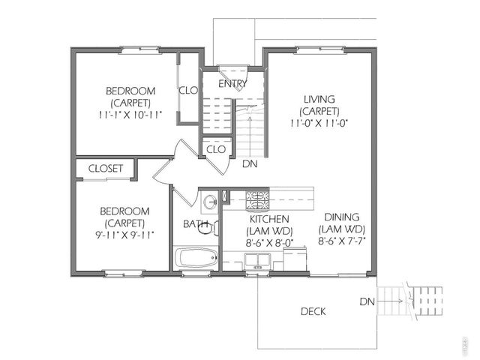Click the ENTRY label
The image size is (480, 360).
tap(232, 84)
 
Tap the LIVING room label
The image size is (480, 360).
tap(319, 99)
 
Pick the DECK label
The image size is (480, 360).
tap(313, 311)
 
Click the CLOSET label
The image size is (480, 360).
tap(106, 169)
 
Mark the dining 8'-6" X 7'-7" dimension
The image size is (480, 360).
tap(342, 240)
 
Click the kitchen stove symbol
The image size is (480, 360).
tap(258, 200)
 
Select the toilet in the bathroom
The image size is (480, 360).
tap(206, 226)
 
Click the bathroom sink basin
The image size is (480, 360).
tap(210, 201)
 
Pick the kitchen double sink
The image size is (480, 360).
tap(258, 260)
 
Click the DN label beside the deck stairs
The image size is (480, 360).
tap(367, 301)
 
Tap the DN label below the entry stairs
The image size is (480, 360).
tap(250, 163)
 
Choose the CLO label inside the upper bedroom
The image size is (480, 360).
tap(187, 90)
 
